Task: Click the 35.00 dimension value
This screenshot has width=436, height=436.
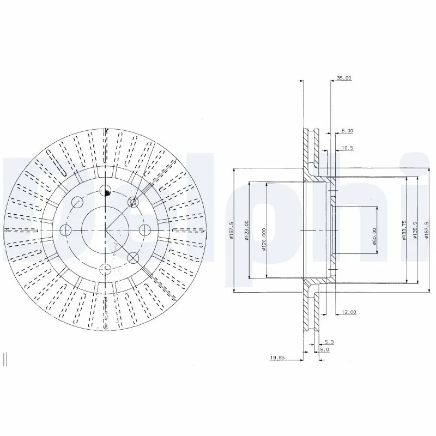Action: point(344,78)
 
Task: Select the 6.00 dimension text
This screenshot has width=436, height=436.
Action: point(347,131)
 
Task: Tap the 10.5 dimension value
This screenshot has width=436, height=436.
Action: point(347,148)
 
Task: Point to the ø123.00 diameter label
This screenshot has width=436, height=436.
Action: point(247,228)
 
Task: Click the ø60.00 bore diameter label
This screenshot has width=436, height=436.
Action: point(375,235)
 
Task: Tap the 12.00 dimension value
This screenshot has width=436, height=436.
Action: point(349,312)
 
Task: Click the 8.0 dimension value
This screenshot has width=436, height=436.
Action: point(324,350)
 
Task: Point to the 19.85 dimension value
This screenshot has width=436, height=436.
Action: point(278,359)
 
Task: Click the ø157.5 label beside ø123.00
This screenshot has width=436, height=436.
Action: point(232,228)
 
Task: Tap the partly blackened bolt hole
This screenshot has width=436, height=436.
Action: point(106,190)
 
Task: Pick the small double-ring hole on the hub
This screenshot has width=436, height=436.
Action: point(132,203)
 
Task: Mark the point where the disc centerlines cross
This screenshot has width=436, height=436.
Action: point(106,229)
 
